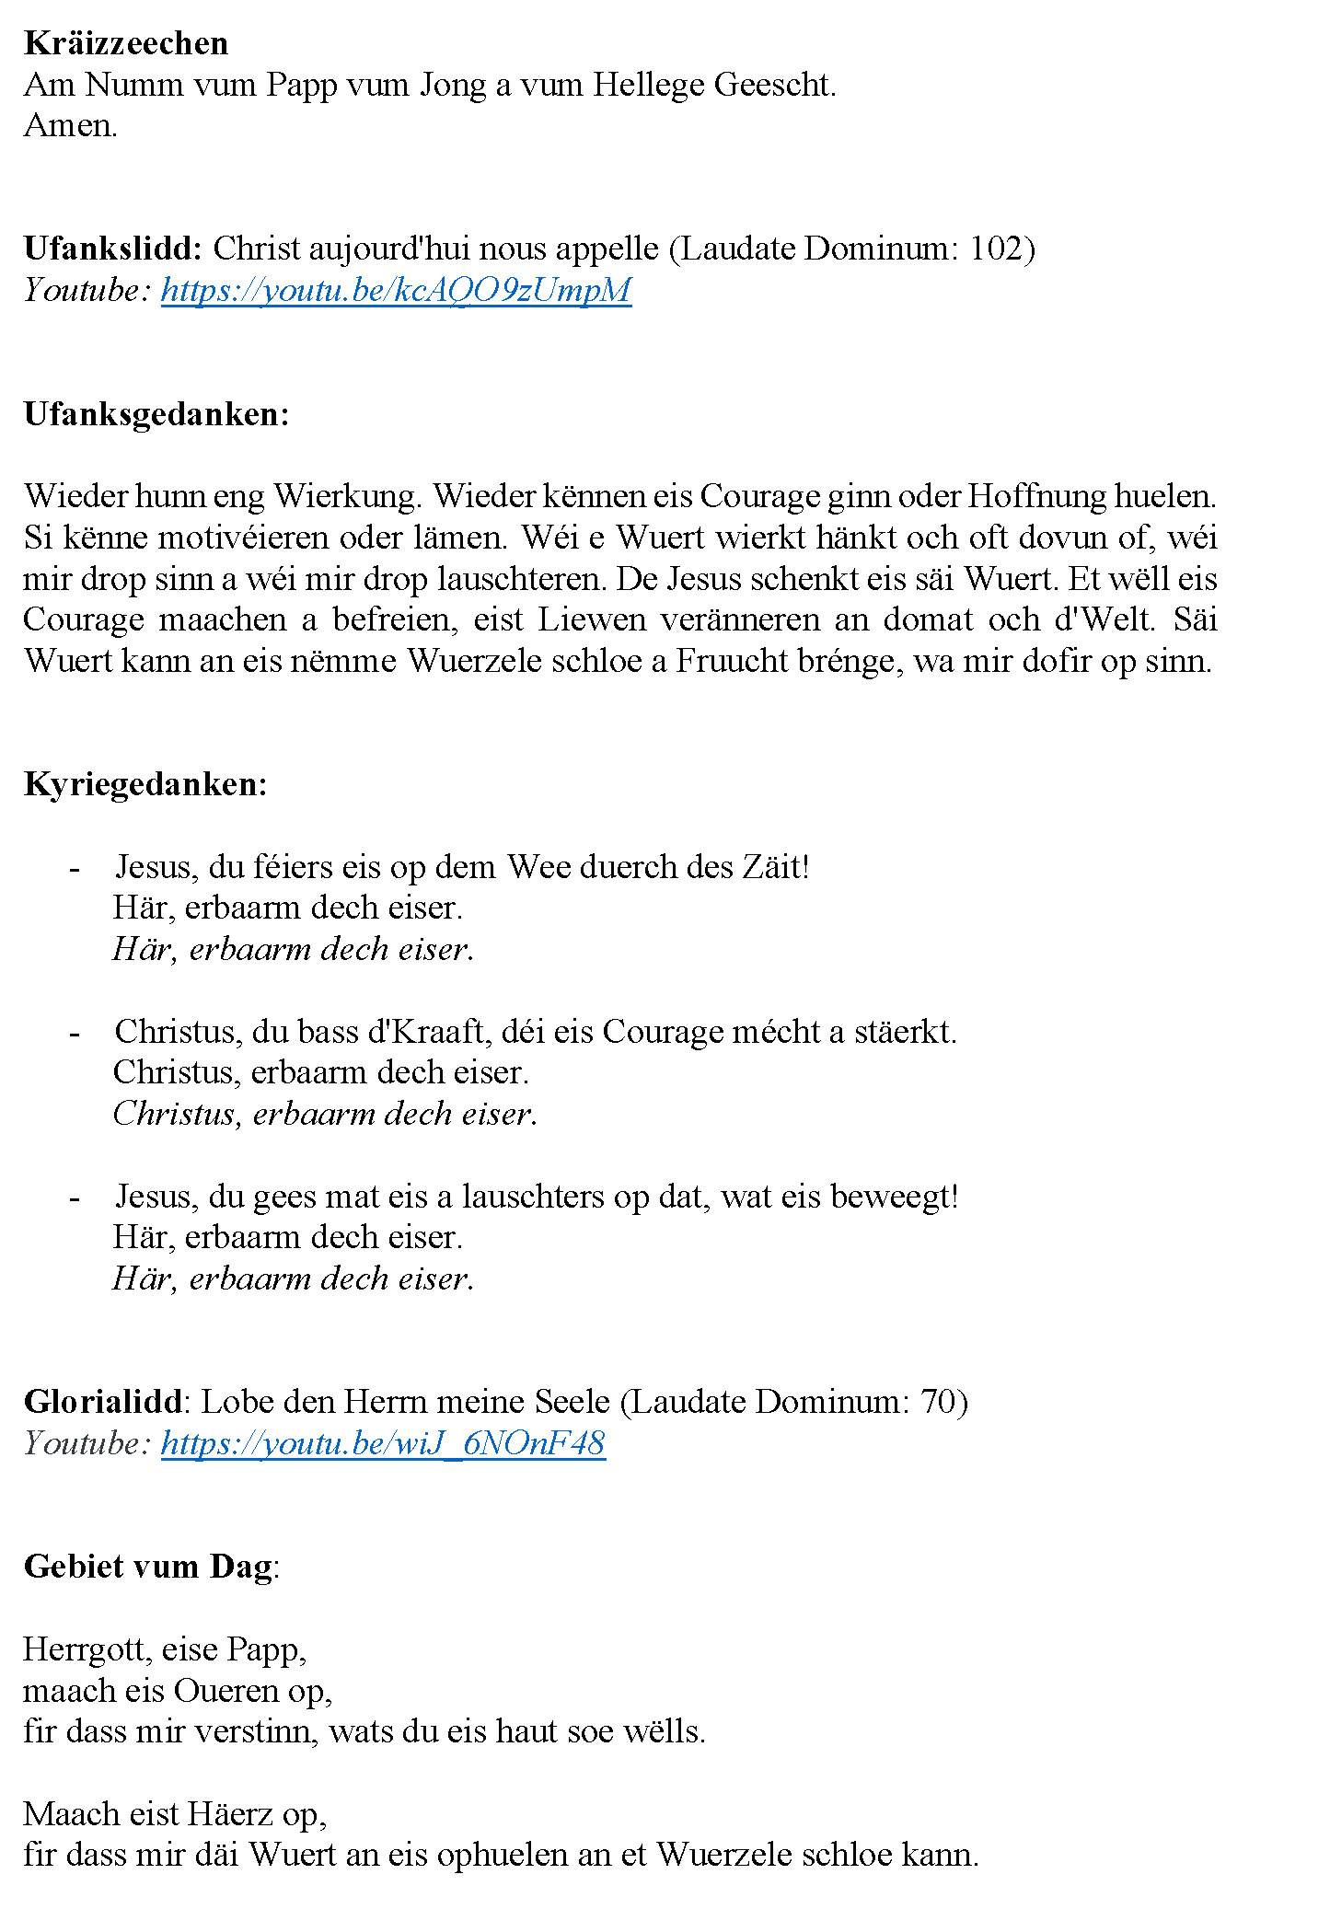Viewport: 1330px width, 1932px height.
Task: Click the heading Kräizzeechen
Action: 126,43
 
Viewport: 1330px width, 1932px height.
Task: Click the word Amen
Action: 70,125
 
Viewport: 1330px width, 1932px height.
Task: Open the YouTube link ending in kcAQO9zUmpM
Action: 396,290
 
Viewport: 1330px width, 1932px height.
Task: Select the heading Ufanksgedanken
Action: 156,414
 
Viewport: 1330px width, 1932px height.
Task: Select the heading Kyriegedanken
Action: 145,784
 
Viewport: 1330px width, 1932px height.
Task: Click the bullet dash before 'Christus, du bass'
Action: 75,1033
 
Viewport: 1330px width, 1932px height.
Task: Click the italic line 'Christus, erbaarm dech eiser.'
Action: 325,1114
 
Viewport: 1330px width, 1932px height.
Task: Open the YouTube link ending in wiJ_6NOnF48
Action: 383,1443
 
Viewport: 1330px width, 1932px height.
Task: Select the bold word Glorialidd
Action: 104,1402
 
